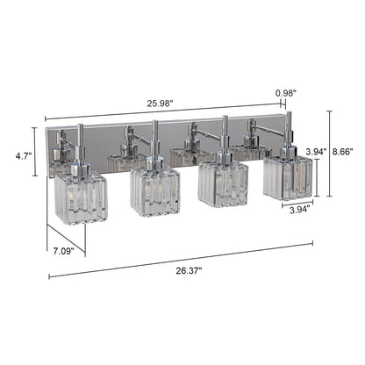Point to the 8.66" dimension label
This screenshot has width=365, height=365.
tap(347, 151)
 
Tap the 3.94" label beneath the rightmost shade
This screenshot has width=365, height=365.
tap(297, 211)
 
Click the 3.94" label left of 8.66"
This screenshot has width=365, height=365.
tap(315, 151)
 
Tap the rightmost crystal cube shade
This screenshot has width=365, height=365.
tap(287, 176)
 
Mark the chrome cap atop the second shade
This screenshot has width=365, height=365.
tap(154, 161)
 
